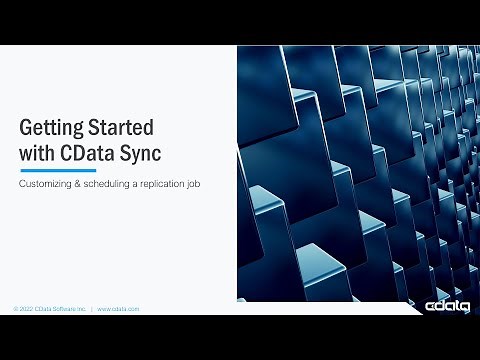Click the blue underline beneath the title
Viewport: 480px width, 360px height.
tap(58, 171)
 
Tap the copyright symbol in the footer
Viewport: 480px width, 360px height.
tap(15, 310)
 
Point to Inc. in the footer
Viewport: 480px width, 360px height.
tap(83, 310)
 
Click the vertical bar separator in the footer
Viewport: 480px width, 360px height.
tap(92, 310)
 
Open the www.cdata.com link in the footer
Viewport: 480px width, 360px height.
tap(118, 310)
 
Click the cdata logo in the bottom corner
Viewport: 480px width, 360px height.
tap(447, 306)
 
